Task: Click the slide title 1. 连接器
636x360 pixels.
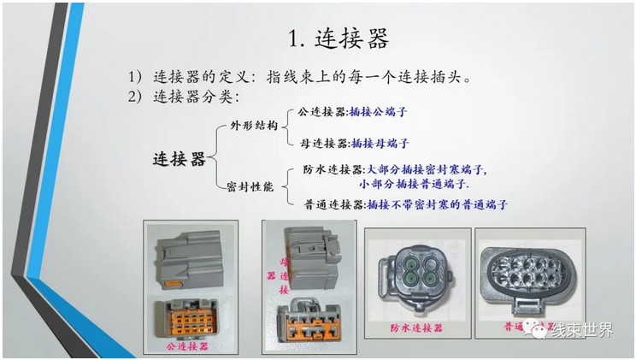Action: tap(339, 38)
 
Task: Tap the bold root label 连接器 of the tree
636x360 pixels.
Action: tap(179, 159)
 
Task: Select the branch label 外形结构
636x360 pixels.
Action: tap(254, 126)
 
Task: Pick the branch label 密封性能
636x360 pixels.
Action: tap(250, 186)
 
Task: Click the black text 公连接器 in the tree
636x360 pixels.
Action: tap(322, 112)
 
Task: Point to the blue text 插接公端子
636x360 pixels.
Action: tap(378, 112)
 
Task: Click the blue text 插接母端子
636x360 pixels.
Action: tap(380, 143)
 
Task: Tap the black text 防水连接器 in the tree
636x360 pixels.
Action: tap(333, 168)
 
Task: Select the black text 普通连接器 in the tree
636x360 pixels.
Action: tap(334, 204)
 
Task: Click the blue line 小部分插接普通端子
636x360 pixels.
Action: tap(414, 184)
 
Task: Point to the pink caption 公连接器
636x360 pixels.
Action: tap(187, 345)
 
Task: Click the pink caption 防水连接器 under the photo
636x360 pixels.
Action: tap(416, 328)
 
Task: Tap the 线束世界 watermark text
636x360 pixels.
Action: tap(581, 330)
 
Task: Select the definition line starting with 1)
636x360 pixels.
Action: tap(300, 77)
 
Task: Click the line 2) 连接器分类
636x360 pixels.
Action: tap(184, 97)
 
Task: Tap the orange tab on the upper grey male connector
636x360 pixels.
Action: tap(174, 284)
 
